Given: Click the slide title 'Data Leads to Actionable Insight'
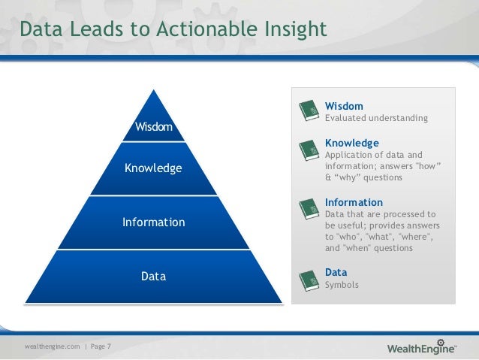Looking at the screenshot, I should point(173,29).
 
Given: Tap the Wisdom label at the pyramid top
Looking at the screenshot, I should point(153,126).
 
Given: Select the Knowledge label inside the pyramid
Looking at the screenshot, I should point(153,168).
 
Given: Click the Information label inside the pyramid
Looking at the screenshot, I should point(153,222).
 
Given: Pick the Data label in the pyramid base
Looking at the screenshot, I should point(153,277).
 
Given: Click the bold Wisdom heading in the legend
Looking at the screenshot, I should point(344,106).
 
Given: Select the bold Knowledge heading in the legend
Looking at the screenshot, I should point(351,143).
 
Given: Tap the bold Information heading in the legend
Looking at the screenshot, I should point(354,202).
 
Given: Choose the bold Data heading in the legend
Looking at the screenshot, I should point(336,272).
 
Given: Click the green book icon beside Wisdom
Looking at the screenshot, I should point(308,111).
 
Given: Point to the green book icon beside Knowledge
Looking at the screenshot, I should point(308,151).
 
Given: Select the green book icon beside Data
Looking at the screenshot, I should point(308,279).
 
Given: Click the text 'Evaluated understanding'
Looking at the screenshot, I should point(376,118).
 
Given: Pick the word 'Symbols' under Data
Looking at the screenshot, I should point(342,285).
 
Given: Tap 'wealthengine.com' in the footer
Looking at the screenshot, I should point(52,346).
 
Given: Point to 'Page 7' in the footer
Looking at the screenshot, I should point(100,346).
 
